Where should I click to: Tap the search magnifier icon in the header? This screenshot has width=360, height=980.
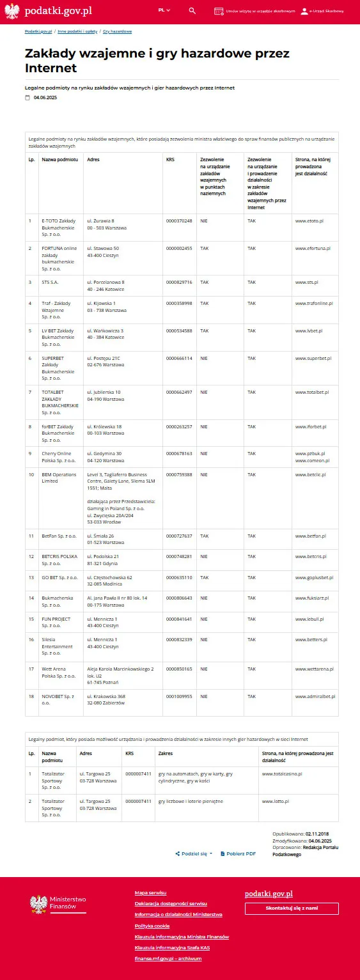192,11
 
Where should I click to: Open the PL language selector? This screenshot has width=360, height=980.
164,11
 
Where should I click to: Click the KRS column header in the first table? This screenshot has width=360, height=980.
169,159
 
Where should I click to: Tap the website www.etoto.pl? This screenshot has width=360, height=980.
309,221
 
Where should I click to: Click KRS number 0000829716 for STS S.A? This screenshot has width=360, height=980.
179,282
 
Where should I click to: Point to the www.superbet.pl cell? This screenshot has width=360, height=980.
311,359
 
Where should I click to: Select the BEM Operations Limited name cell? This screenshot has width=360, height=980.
59,478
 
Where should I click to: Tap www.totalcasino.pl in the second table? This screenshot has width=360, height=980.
281,774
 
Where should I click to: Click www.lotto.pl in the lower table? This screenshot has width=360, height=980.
276,801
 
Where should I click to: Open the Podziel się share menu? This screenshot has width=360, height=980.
194,853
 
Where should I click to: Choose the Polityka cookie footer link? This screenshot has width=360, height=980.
152,926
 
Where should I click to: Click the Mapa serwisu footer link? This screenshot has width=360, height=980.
150,892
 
